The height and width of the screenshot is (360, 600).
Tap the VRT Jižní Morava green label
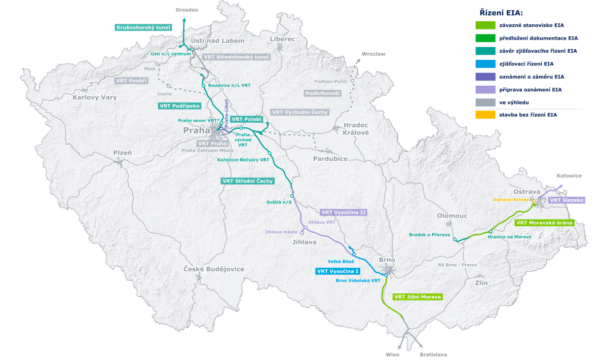coord(416,296)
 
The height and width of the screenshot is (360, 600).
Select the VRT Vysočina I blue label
coord(337,271)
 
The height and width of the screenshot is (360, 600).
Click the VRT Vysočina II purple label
coord(349,212)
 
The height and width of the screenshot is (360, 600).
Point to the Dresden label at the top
coord(187,8)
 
